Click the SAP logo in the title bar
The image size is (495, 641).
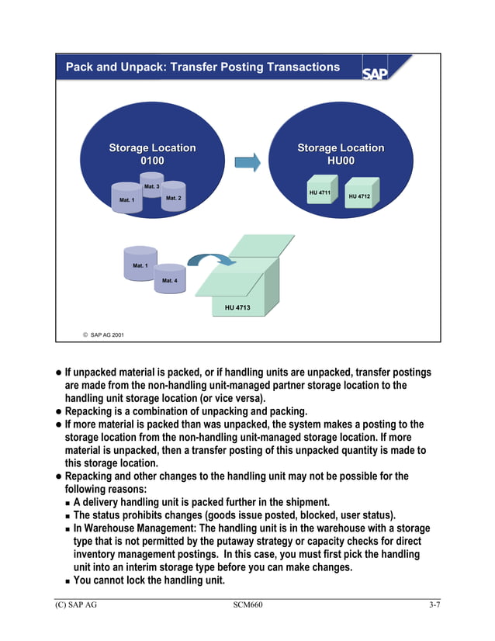(385, 69)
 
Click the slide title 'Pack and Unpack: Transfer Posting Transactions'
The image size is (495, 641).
(202, 67)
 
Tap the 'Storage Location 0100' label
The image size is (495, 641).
(152, 154)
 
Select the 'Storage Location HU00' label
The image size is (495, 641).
(341, 154)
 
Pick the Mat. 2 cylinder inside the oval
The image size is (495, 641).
(173, 199)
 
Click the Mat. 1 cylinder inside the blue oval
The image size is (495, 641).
(126, 201)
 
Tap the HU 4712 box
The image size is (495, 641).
(359, 196)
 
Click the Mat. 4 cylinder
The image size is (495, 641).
(169, 279)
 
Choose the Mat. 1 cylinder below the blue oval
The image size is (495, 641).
(140, 265)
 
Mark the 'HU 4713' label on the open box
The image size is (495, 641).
(237, 308)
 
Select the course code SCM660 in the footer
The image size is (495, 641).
(247, 605)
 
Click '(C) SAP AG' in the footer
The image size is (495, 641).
(76, 605)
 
